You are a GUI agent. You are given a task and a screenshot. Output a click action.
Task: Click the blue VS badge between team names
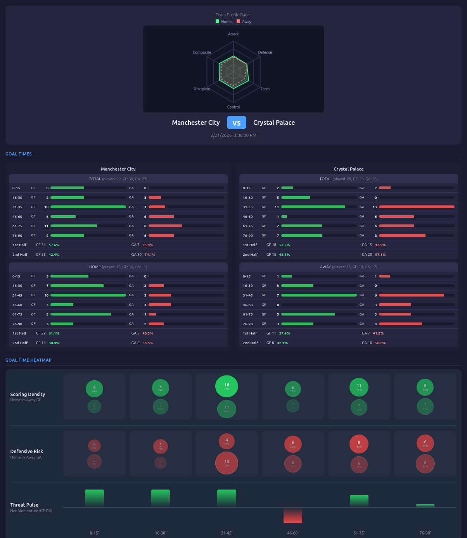pos(236,123)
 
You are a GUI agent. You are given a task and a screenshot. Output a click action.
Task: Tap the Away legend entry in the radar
pos(244,22)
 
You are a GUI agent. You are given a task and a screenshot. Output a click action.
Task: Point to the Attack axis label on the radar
pos(233,34)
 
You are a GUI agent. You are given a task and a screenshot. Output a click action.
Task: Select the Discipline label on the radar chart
pos(202,89)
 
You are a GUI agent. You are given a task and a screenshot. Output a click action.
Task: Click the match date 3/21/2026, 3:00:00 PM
pos(233,135)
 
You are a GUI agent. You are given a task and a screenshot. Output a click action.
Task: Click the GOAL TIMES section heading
pos(19,154)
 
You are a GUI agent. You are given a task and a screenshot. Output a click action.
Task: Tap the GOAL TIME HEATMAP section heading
pos(28,360)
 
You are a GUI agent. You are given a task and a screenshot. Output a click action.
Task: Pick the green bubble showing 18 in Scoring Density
pos(227,386)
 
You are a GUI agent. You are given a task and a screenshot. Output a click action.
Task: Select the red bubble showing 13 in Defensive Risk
pos(227,463)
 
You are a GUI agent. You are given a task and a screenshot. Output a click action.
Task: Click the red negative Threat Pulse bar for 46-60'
pos(293,516)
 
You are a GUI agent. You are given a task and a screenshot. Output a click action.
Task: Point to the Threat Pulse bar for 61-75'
pos(359,501)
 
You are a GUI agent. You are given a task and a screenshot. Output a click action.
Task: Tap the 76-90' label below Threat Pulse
pos(425,533)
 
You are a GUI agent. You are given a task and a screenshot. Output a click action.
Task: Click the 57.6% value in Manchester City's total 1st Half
pos(54,245)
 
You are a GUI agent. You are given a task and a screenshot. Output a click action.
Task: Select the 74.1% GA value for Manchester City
pos(150,255)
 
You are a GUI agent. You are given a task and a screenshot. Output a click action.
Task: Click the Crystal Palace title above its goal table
pos(348,169)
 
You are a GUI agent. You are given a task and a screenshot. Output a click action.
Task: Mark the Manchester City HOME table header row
pos(118,267)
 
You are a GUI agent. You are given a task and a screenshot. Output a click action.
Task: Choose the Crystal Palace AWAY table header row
pos(348,267)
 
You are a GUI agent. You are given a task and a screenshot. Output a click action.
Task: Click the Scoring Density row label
pos(28,395)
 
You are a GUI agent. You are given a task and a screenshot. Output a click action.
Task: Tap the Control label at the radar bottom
pos(233,107)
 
